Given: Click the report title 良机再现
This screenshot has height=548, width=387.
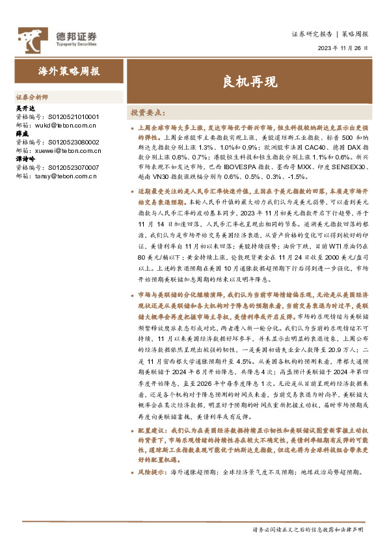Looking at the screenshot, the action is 249,83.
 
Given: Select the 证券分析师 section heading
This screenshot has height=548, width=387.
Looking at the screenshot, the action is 32,94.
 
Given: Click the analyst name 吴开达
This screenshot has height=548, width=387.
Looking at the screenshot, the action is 24,108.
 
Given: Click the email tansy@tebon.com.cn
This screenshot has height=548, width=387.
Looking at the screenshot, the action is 66,175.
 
